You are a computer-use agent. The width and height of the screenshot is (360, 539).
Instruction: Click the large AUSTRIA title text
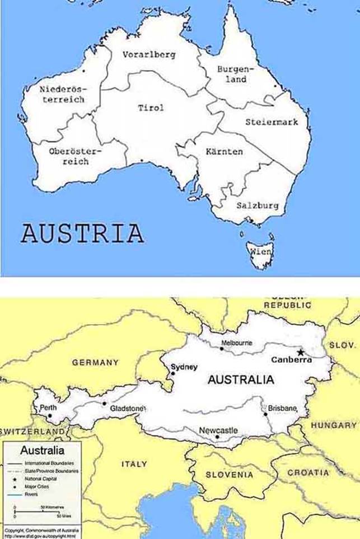pos(82,233)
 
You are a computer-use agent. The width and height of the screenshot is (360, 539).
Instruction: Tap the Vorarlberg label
pos(149,55)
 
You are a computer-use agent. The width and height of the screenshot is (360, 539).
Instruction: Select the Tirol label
pos(151,107)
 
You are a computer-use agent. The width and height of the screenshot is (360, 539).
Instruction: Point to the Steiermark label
pos(272,121)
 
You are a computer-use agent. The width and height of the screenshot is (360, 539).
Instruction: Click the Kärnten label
pos(224,152)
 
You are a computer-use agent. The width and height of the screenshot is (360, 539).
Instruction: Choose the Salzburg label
pos(257,205)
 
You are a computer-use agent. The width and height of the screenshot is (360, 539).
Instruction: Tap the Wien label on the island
pos(261,252)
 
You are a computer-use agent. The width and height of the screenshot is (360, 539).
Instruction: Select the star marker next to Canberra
pos(301,352)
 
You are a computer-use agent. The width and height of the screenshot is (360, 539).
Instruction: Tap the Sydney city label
pos(184,367)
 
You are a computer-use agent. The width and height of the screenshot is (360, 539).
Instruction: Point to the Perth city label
pos(48,408)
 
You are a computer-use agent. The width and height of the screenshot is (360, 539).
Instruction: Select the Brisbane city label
pos(283,409)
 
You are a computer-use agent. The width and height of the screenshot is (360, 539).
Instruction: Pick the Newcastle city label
pos(218,430)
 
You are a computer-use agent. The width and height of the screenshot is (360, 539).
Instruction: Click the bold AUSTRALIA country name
pos(241,380)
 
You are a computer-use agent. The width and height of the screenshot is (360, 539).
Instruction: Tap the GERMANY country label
pos(95,362)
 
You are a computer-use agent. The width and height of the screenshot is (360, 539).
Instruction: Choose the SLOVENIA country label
pos(229,475)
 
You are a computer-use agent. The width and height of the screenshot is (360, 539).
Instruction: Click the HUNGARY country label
pos(334,425)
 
